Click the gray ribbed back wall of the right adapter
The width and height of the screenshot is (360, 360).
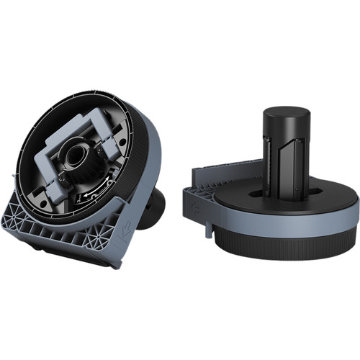coord(223,173)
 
